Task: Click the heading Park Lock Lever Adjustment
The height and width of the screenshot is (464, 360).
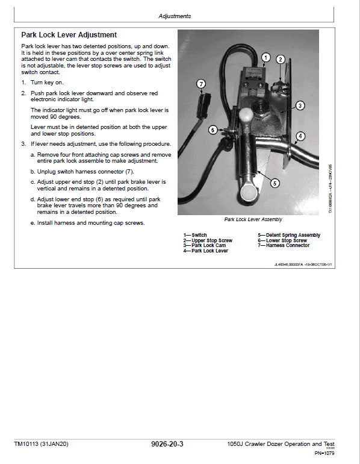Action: click(69, 35)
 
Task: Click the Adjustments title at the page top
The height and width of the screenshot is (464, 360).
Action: click(175, 16)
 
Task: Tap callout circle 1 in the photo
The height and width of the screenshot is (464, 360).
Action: click(265, 57)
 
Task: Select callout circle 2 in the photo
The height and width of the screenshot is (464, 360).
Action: click(281, 59)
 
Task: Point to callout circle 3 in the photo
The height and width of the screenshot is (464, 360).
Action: click(300, 105)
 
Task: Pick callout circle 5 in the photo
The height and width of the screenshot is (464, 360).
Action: click(275, 183)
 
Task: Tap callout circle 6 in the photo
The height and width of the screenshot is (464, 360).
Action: click(213, 130)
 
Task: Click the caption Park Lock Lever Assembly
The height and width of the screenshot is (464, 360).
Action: click(253, 220)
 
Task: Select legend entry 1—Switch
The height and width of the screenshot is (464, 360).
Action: click(195, 235)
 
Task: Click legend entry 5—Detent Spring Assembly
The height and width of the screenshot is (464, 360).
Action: click(289, 235)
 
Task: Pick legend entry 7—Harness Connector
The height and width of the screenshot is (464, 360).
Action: click(284, 245)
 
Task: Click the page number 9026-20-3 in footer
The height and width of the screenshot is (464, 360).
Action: click(167, 444)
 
